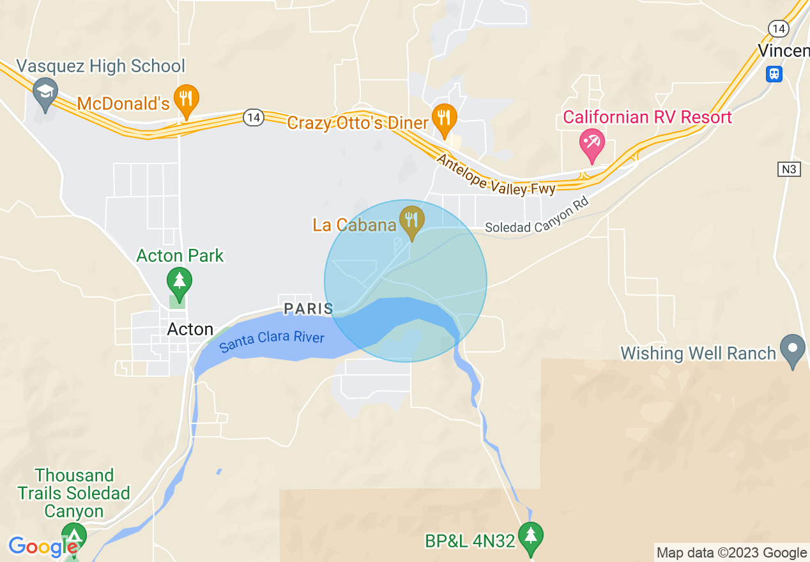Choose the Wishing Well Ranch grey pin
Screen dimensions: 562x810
[x=793, y=349]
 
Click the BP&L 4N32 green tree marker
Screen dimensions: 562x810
[x=530, y=537]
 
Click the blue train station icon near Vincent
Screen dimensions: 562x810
[x=774, y=73]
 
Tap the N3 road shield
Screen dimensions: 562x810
[x=789, y=169]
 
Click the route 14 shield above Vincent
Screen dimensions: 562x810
[x=778, y=28]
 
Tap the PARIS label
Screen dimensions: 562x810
[x=309, y=309]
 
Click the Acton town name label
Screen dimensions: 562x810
[x=190, y=330]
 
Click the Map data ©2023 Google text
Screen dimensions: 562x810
[x=732, y=553]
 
